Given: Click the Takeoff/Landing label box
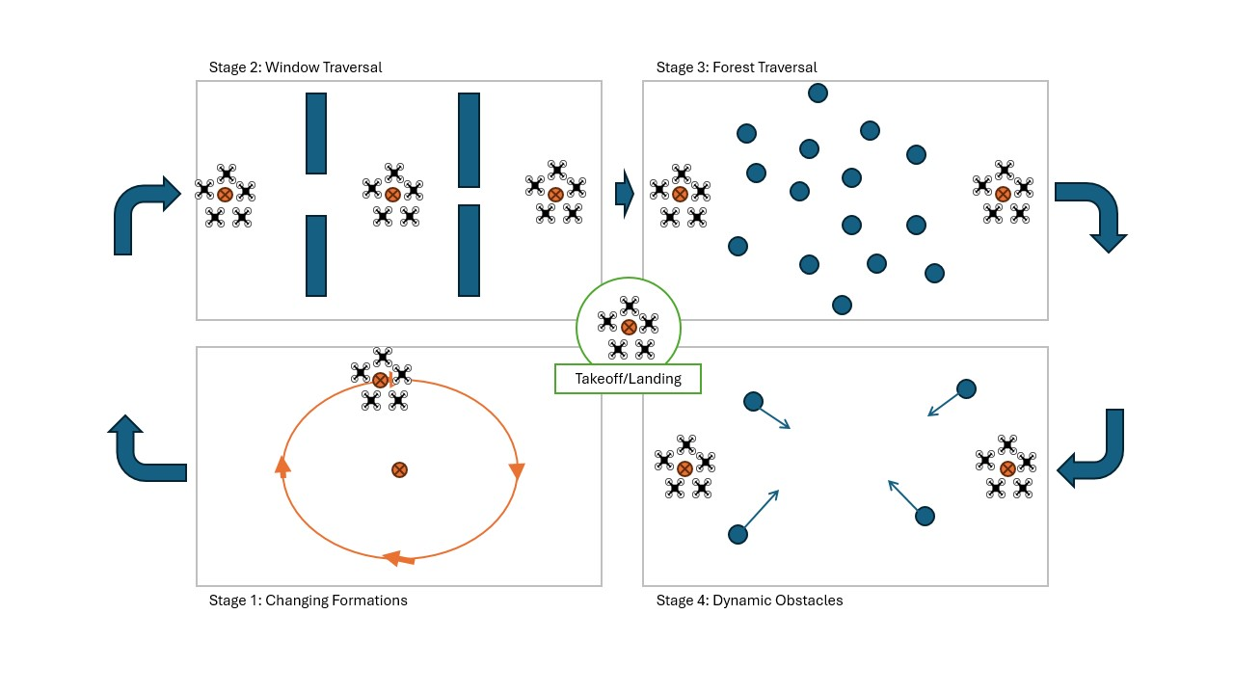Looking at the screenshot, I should coord(628,379).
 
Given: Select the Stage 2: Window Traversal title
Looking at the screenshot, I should coord(295,67).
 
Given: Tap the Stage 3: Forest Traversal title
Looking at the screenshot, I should coord(737,67).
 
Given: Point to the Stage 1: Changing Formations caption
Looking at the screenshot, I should coord(308,601).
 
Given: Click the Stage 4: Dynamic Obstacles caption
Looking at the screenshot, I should coord(749,601).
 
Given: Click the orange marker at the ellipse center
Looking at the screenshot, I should coord(399,469).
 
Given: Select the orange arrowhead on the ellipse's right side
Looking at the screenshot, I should coord(516,471).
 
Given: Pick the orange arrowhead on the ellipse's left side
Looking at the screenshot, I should coord(282,467).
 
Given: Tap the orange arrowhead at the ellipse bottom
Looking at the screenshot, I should coord(397,558).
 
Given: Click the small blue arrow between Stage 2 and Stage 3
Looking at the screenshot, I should coord(624,194).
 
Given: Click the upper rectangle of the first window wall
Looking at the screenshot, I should coord(316,133).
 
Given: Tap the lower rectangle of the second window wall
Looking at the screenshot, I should coord(469,251).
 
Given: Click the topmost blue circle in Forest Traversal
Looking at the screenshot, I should coord(818,93).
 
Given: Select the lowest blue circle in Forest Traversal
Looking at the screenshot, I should coord(842,305).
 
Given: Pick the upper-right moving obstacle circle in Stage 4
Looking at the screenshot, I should coord(966,388).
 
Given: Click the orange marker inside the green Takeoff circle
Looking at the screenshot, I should coord(629,327).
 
